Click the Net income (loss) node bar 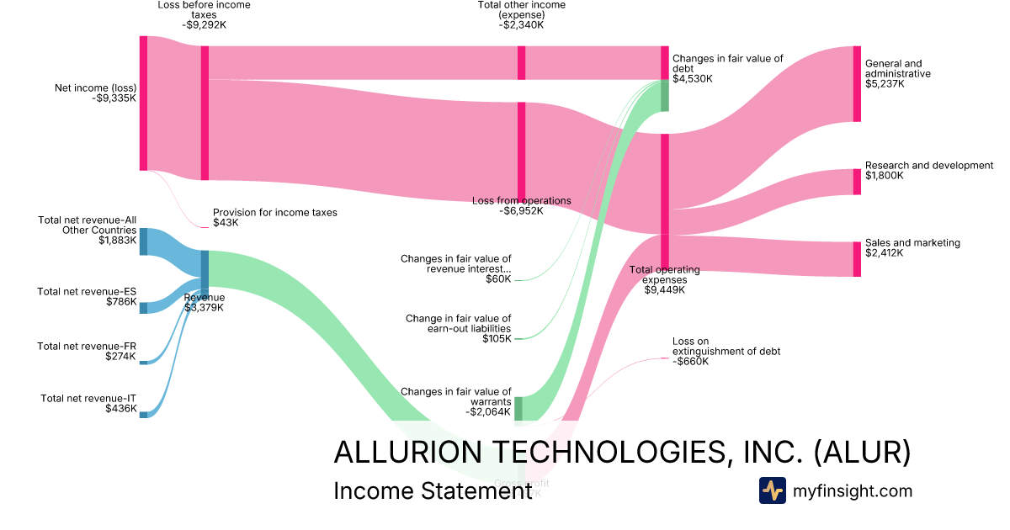coord(143,103)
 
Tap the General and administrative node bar coord(857,84)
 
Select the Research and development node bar coord(857,182)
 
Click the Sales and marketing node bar coord(857,259)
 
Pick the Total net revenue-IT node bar coord(143,414)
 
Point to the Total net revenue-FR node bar coord(143,363)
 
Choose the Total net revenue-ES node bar coord(143,307)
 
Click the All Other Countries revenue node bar coord(143,241)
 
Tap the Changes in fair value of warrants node coord(518,408)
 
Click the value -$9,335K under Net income coord(114,98)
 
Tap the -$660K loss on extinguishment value coord(690,362)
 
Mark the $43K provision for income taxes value coord(226,224)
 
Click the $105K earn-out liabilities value coord(497,339)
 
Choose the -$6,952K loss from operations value coord(521,211)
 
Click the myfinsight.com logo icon coord(772,490)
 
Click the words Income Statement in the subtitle coord(433,491)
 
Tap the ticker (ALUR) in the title coord(863,452)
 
